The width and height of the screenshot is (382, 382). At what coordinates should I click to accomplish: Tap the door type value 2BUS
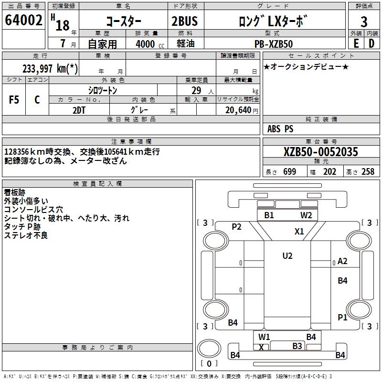(184, 21)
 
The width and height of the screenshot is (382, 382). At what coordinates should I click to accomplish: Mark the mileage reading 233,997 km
(50, 69)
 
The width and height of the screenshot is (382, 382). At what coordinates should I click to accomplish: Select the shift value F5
(14, 100)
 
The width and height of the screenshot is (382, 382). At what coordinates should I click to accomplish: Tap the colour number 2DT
(79, 109)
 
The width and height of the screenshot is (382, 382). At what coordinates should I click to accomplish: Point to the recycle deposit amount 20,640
(237, 110)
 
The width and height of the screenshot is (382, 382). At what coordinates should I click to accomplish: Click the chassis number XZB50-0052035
(320, 152)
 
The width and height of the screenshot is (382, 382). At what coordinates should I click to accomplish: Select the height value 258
(368, 172)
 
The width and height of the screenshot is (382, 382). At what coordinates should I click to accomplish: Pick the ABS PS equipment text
(280, 129)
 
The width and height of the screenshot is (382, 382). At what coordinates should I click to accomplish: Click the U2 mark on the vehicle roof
(287, 256)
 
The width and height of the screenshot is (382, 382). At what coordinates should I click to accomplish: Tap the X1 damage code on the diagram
(299, 232)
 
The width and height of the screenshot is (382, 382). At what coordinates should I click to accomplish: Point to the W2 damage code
(306, 215)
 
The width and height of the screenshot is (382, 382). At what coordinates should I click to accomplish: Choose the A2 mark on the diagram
(342, 261)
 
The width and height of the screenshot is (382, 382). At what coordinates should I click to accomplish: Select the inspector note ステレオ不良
(26, 235)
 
